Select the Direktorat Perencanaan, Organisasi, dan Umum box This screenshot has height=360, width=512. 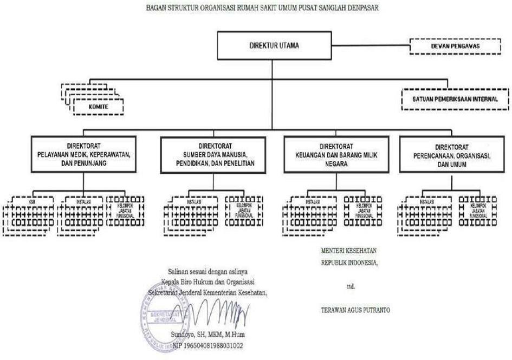click(455, 155)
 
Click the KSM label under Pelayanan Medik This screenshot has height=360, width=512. click(32, 201)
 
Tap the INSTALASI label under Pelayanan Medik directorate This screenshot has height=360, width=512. click(83, 201)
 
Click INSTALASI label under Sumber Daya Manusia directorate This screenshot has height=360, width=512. click(194, 201)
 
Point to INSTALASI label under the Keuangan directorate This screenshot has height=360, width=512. click(313, 201)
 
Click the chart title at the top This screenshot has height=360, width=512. click(256, 8)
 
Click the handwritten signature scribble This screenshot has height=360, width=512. click(219, 312)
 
